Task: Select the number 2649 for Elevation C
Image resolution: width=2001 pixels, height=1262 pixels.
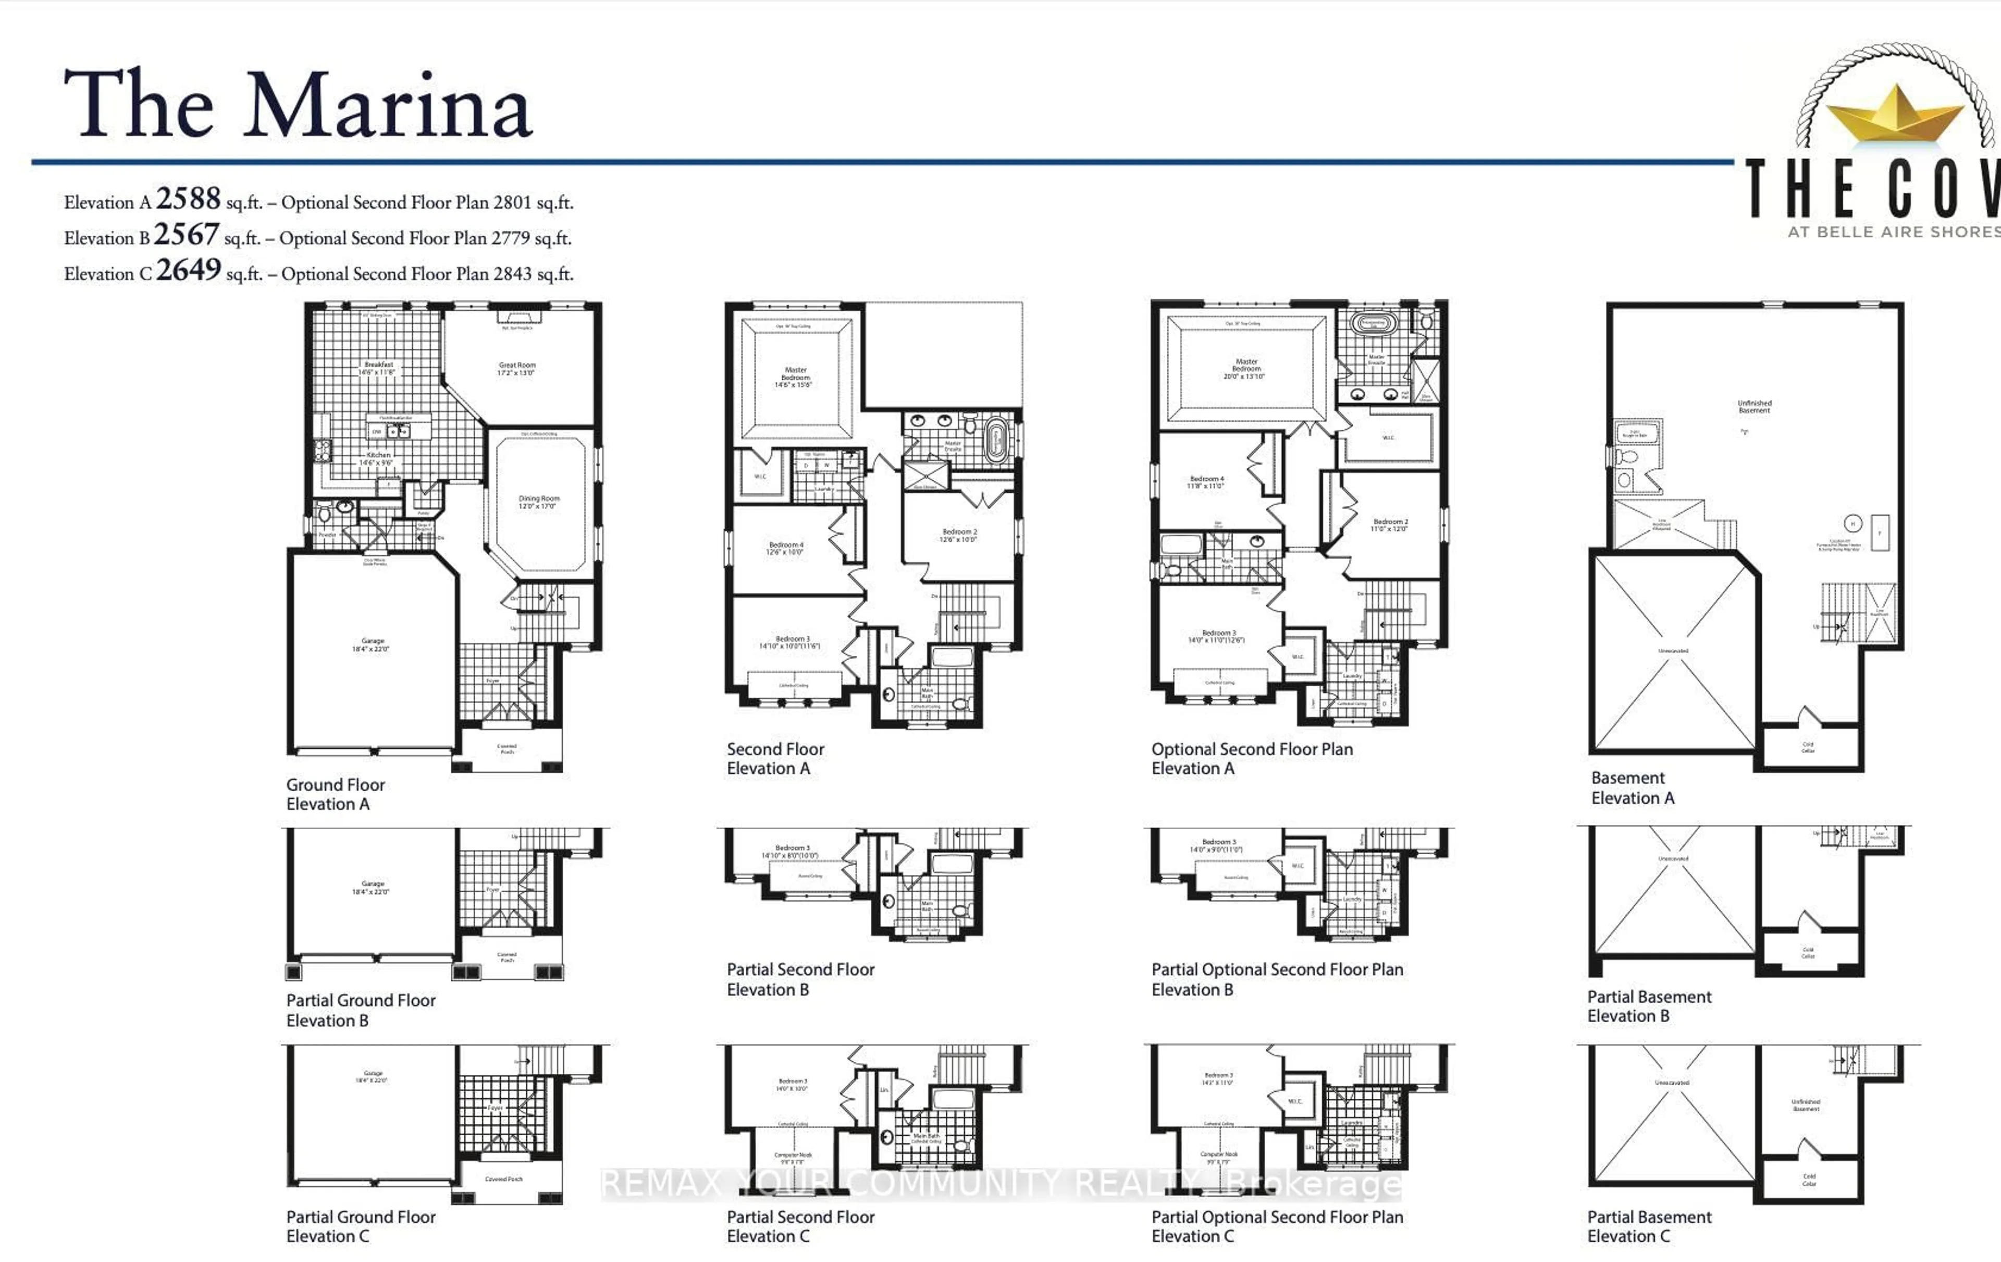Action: pos(189,270)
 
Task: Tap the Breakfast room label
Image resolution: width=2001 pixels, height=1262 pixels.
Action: pos(378,368)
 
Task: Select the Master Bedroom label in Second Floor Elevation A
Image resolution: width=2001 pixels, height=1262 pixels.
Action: pos(795,377)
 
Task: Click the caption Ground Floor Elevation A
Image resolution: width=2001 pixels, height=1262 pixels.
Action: pos(335,794)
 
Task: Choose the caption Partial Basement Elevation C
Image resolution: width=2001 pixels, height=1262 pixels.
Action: pos(1649,1225)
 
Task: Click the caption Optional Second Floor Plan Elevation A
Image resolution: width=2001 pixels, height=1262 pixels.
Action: pos(1252,758)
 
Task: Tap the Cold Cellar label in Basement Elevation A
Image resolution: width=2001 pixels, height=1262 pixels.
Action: pos(1807,747)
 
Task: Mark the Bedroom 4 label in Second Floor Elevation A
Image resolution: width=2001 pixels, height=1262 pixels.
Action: pos(784,548)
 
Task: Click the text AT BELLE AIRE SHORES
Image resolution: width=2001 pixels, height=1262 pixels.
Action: pos(1893,232)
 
